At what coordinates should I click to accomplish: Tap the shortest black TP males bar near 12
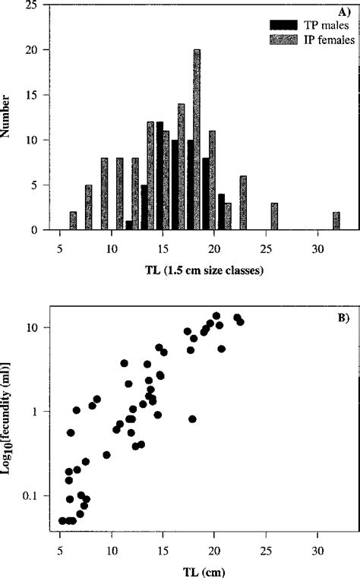point(129,225)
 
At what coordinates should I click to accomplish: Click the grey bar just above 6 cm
point(73,220)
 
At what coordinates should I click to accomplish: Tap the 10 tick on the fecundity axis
point(36,327)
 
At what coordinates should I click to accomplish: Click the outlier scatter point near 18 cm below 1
point(192,418)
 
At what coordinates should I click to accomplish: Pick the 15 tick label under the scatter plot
point(163,550)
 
